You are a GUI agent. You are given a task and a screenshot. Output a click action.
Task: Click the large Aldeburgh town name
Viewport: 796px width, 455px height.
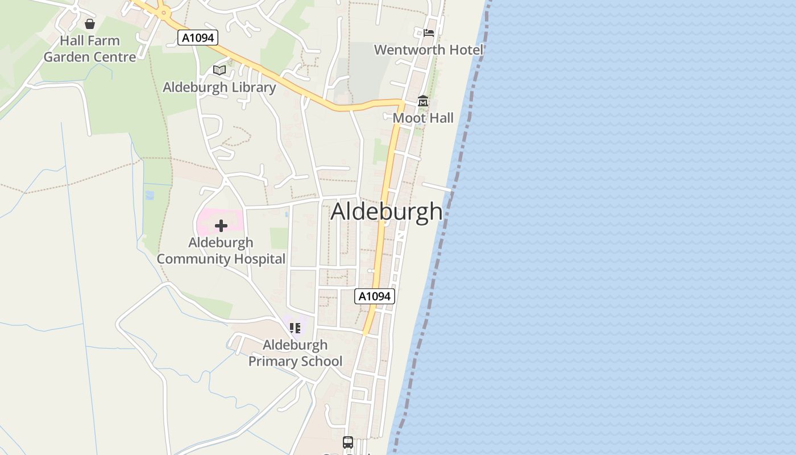pyautogui.click(x=387, y=211)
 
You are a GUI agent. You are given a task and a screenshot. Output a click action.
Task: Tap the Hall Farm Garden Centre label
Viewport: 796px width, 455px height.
pyautogui.click(x=90, y=49)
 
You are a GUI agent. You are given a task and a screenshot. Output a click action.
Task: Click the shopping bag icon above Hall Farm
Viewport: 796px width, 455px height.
pyautogui.click(x=90, y=24)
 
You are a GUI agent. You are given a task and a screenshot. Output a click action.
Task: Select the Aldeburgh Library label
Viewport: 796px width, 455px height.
pyautogui.click(x=219, y=87)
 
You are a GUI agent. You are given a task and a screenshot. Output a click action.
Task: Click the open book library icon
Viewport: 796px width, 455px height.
pyautogui.click(x=219, y=70)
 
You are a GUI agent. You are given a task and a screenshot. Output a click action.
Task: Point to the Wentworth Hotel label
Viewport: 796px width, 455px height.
pyautogui.click(x=428, y=49)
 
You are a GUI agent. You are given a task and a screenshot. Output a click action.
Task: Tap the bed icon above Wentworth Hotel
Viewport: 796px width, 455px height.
pyautogui.click(x=429, y=32)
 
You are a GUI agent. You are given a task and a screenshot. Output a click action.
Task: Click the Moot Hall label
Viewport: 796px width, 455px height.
pyautogui.click(x=423, y=118)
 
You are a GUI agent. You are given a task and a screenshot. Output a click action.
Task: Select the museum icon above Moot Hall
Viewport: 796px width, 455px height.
pyautogui.click(x=423, y=101)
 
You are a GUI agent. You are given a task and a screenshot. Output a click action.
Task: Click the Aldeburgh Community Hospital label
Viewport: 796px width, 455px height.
pyautogui.click(x=221, y=251)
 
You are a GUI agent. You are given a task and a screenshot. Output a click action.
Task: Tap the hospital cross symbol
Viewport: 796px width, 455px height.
pyautogui.click(x=221, y=226)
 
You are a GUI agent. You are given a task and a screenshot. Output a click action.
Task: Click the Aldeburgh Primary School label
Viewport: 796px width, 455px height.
pyautogui.click(x=295, y=353)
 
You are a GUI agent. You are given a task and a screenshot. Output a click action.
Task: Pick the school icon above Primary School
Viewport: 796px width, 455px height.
pyautogui.click(x=295, y=328)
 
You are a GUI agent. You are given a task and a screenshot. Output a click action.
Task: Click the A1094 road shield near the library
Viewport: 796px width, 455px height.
pyautogui.click(x=198, y=38)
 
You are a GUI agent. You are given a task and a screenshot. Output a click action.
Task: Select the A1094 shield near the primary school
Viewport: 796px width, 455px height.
pyautogui.click(x=374, y=296)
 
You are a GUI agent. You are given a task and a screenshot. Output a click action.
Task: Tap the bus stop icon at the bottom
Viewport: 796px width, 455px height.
pyautogui.click(x=348, y=442)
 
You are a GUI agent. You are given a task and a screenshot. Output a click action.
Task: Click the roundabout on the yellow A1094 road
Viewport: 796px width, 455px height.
pyautogui.click(x=164, y=13)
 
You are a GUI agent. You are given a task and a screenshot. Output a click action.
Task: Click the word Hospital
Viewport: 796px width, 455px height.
pyautogui.click(x=254, y=259)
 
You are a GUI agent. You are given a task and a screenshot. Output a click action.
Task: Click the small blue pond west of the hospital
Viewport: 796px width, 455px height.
pyautogui.click(x=150, y=195)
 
